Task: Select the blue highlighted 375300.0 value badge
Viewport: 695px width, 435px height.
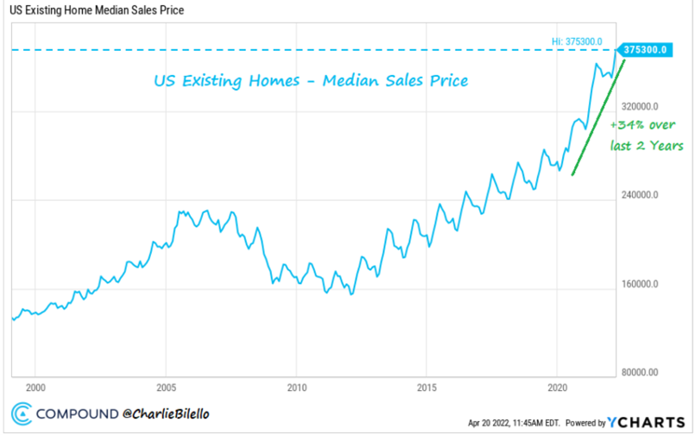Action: pos(645,50)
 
